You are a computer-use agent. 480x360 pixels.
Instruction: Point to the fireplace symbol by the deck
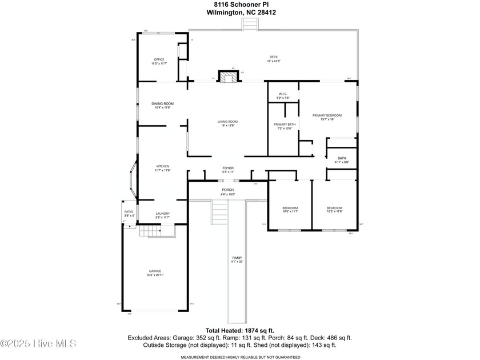[x=230, y=77]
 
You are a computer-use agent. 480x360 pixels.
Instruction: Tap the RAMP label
[x=237, y=259]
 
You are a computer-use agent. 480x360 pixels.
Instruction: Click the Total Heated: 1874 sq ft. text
[x=240, y=330]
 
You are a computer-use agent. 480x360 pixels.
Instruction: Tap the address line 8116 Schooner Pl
[x=240, y=5]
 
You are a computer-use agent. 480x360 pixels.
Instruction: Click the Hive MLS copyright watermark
[x=38, y=343]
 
